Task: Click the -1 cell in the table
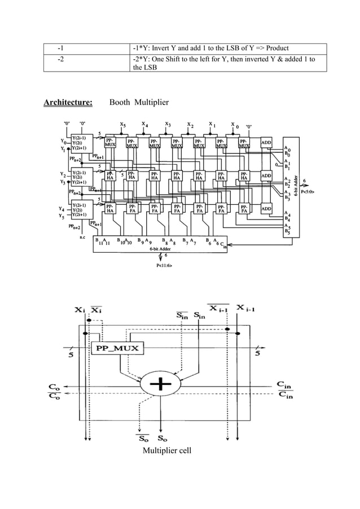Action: tap(60, 49)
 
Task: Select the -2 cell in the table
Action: tap(60, 59)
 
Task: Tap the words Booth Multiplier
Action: tap(135, 102)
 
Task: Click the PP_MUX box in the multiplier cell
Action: tap(117, 348)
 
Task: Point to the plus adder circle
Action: tap(161, 384)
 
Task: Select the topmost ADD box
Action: tap(267, 143)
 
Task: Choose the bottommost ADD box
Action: tap(267, 209)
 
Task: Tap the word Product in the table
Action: tap(277, 49)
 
